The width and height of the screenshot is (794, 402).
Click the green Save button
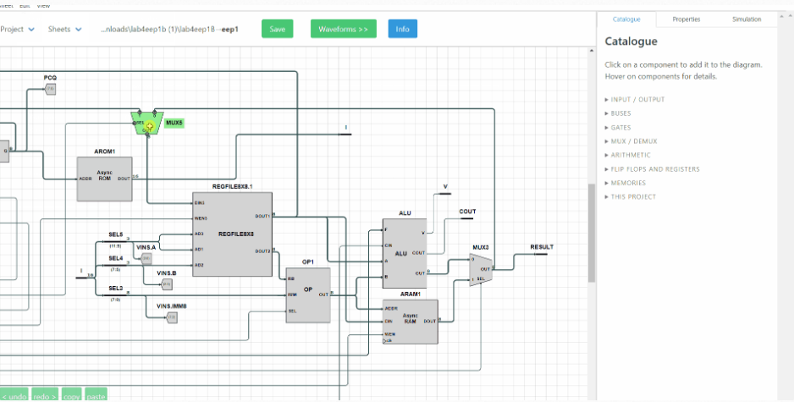277,29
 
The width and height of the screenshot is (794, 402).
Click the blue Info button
402,29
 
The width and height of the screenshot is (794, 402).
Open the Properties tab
686,19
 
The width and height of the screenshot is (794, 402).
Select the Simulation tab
746,19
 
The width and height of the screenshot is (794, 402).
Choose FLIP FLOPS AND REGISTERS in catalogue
655,169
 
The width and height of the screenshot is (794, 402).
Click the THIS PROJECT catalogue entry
633,197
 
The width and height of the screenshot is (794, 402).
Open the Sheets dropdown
64,29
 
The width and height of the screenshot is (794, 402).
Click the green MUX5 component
148,124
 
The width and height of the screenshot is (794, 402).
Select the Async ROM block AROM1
104,179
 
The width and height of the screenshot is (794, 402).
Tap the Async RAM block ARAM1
410,321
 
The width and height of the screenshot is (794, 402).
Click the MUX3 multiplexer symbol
480,269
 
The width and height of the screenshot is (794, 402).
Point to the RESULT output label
542,247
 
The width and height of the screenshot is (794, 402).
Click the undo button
14,395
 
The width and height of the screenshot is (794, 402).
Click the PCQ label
50,77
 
